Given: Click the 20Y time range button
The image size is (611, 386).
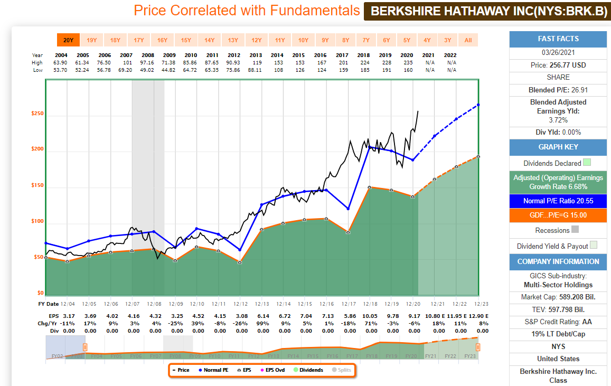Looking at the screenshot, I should [x=68, y=40].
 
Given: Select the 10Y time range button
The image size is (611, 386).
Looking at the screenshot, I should [x=303, y=40].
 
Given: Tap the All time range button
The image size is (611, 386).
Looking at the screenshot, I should [x=468, y=40].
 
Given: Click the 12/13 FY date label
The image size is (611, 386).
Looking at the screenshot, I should [x=262, y=304].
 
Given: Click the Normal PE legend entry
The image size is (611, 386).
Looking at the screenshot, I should [x=214, y=370].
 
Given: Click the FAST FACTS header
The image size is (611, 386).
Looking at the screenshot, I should [x=558, y=39].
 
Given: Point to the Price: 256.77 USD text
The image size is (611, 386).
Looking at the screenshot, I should [x=558, y=65].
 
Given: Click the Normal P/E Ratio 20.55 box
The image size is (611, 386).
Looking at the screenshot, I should [x=558, y=201].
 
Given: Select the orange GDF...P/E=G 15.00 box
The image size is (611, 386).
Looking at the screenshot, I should [x=558, y=215].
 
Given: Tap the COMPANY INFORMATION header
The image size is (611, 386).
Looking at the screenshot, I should [x=558, y=261].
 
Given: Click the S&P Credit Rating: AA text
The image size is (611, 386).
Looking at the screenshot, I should [x=558, y=321].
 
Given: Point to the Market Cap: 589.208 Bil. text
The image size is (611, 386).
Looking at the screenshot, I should [x=558, y=297].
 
